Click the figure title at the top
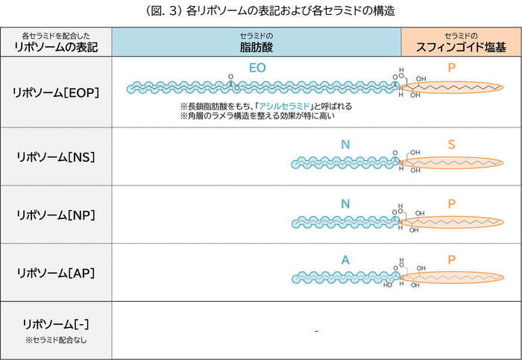(260, 11)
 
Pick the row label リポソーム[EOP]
(56, 92)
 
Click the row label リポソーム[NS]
(56, 157)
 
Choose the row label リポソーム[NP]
(56, 215)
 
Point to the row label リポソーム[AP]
(56, 272)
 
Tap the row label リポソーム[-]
(56, 324)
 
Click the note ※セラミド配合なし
(56, 341)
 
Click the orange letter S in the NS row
(452, 143)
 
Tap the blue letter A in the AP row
(345, 259)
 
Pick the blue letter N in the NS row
(345, 143)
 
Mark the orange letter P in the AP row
(452, 259)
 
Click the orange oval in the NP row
(451, 221)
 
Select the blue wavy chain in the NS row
(343, 162)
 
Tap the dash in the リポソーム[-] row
(317, 330)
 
